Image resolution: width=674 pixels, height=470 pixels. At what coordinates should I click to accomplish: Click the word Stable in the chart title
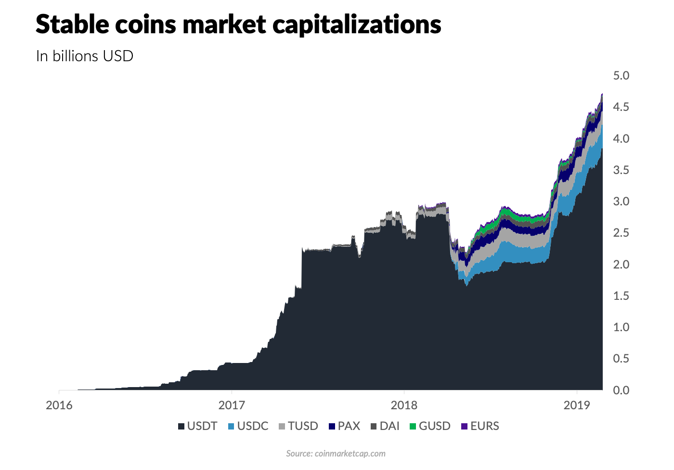pos(72,24)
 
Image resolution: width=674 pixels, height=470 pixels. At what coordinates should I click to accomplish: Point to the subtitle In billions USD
pos(85,56)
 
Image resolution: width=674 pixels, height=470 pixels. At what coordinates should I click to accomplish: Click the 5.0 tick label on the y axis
pos(621,76)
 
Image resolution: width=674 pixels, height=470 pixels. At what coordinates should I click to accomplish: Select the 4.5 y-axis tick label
pos(621,107)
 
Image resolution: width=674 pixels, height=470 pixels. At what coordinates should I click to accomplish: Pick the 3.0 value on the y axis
pos(621,201)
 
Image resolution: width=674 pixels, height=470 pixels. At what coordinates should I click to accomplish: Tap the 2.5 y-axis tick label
pos(621,233)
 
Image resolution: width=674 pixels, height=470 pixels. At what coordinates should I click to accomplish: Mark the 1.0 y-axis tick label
pos(621,327)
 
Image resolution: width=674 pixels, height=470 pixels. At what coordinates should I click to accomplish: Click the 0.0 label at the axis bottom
pos(621,390)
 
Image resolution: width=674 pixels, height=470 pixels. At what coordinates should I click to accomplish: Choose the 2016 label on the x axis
pos(59,405)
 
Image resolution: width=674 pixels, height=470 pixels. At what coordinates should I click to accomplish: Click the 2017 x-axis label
pos(232,405)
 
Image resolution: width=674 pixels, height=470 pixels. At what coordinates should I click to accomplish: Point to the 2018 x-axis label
pos(404,405)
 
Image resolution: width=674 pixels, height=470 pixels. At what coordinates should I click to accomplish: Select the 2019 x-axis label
pos(577,405)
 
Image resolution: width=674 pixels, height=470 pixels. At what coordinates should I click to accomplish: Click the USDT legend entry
pos(198,426)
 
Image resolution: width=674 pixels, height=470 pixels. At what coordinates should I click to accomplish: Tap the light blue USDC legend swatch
pos(231,427)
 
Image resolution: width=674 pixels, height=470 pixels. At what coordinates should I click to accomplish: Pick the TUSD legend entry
pos(298,426)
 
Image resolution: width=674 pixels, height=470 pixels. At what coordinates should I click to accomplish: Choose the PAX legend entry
pos(345,426)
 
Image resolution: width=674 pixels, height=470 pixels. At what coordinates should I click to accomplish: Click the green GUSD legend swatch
pos(413,427)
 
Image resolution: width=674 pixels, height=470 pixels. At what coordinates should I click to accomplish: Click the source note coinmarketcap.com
pos(350,454)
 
